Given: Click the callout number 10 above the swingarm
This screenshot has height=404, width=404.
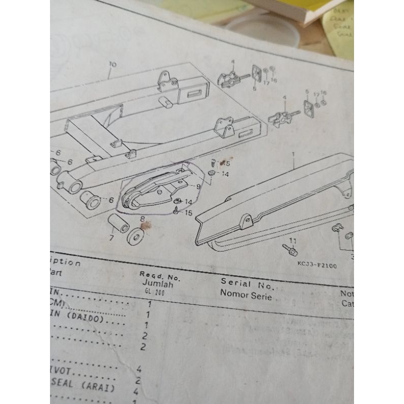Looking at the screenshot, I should coord(112,65).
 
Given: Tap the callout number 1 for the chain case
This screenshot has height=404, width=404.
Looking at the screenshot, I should coord(293,153).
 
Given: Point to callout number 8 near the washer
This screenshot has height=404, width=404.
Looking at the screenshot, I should coord(142,220).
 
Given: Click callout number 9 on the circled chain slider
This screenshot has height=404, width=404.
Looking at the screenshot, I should coord(198,186).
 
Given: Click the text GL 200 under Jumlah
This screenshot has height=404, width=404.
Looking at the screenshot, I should coord(149,291).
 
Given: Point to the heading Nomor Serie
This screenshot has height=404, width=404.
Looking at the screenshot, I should coord(246,295).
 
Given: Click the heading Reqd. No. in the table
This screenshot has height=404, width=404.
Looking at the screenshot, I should coord(160,276).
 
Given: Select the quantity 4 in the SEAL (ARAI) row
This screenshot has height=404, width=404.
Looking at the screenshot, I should coord(136,391).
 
